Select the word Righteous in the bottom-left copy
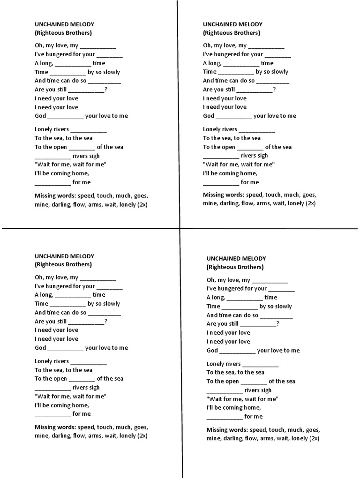(51, 265)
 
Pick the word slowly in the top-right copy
(280, 72)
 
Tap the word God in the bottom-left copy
(40, 348)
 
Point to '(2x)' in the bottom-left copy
(142, 435)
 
